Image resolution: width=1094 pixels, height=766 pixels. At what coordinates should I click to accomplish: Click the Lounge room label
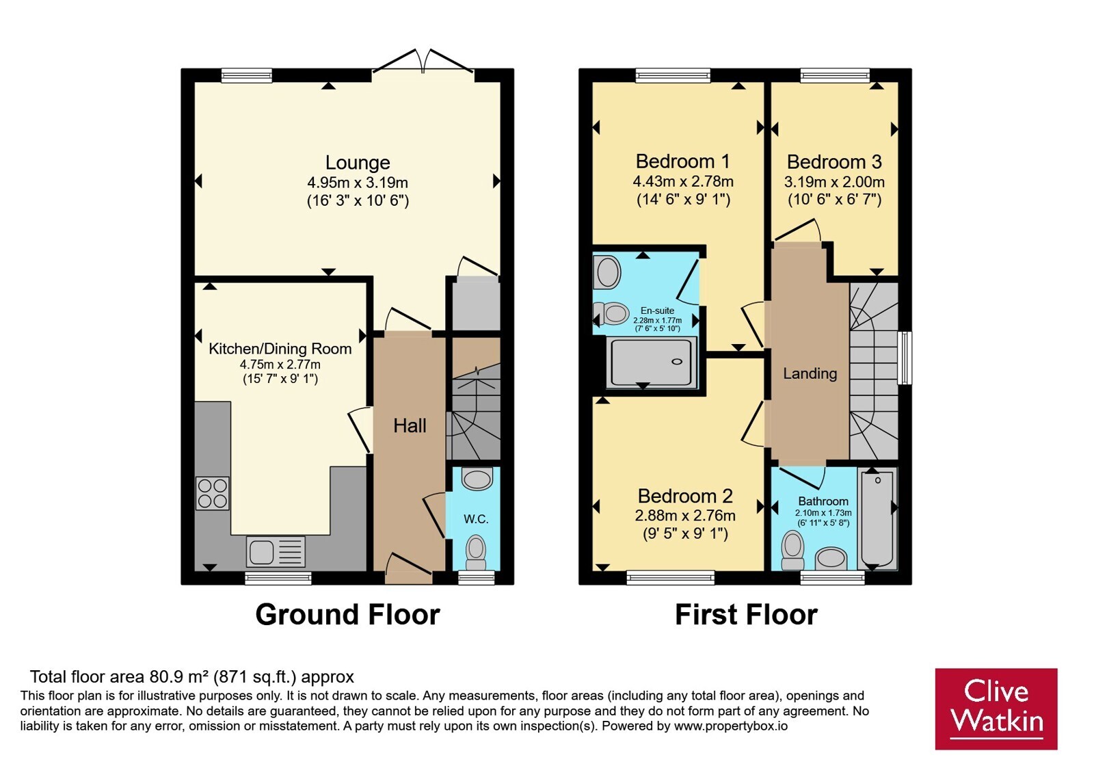(x=358, y=162)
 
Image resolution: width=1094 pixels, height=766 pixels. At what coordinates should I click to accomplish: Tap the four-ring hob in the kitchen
(x=213, y=493)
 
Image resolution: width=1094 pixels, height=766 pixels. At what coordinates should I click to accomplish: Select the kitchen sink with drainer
(x=276, y=551)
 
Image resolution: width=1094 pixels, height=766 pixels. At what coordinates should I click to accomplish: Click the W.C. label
(x=476, y=519)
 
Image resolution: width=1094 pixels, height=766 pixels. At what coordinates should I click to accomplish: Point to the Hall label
(x=410, y=426)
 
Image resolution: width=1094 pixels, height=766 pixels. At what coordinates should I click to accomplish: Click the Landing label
(x=810, y=373)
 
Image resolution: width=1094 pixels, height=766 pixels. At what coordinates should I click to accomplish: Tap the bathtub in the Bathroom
(x=878, y=518)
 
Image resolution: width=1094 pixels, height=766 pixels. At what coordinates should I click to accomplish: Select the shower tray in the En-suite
(x=651, y=362)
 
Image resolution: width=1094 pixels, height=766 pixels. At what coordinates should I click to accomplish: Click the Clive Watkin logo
(x=996, y=709)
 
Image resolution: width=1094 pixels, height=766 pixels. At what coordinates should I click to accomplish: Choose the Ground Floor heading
(x=348, y=615)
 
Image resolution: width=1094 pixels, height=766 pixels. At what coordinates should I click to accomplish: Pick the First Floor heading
(x=746, y=615)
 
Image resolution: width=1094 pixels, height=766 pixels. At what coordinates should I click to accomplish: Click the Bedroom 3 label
(x=834, y=161)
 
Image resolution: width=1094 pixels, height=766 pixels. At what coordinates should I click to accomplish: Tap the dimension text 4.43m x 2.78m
(x=683, y=182)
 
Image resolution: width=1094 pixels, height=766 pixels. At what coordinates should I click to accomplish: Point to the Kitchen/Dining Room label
(x=280, y=349)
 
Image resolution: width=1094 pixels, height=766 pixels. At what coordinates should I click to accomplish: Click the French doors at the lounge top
(x=423, y=61)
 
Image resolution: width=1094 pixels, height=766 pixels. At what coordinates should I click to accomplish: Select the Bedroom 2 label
(x=685, y=496)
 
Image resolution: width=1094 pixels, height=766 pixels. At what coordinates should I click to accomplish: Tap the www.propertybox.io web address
(x=731, y=726)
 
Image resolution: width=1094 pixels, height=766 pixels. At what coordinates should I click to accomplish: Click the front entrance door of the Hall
(x=408, y=568)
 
